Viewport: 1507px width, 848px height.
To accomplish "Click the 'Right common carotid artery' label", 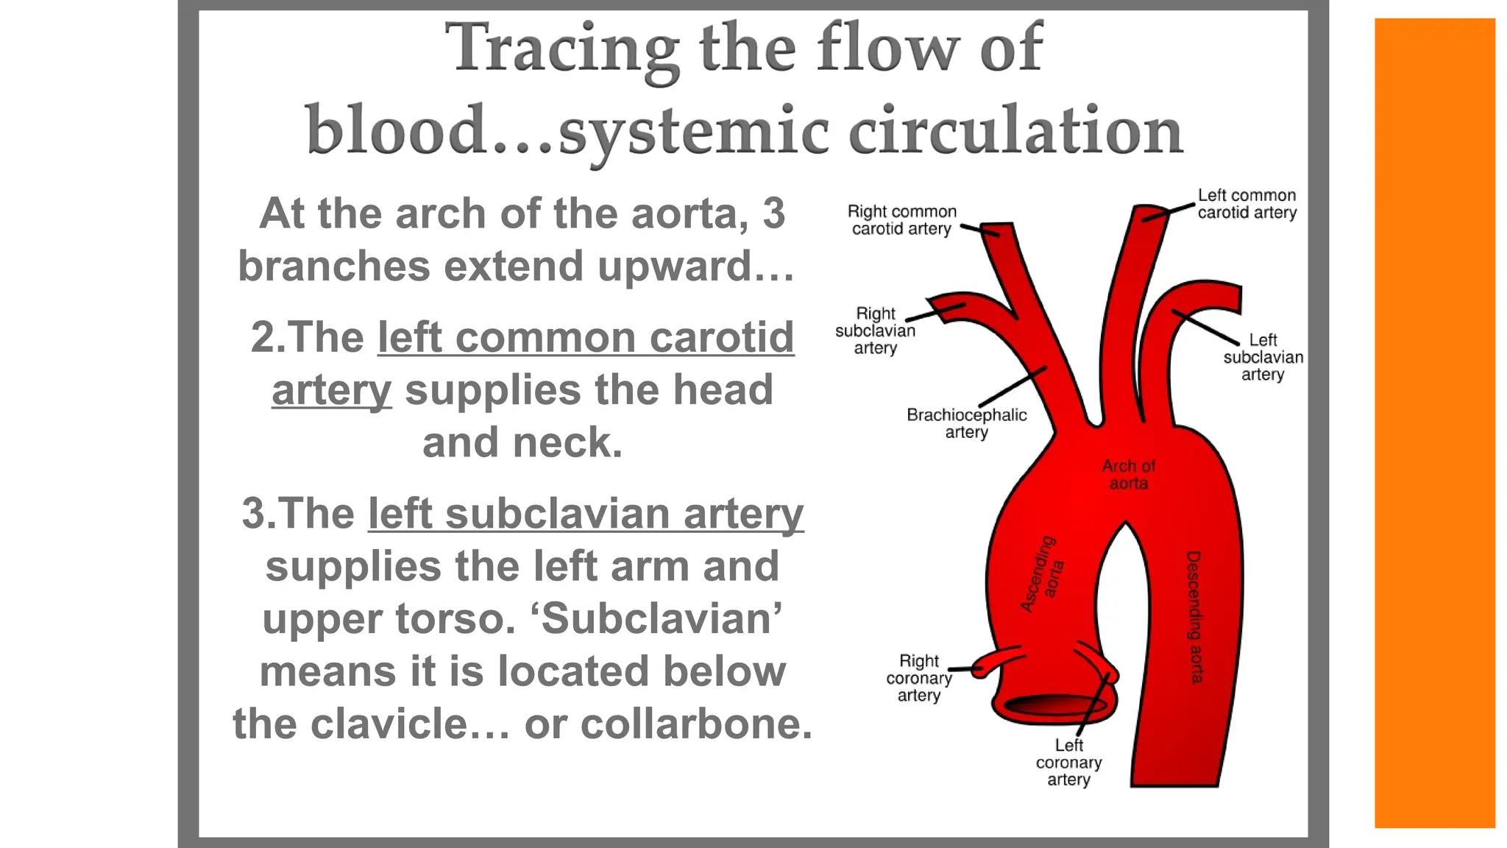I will click(901, 220).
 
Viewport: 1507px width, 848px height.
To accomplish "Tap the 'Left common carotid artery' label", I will click(1247, 204).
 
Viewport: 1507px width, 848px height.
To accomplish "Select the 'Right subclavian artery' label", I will click(875, 331).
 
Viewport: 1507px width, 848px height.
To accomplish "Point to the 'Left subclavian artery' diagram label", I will click(1263, 357).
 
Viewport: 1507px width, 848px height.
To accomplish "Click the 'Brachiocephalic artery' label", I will click(966, 423).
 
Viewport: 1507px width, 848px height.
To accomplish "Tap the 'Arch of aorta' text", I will click(1128, 475).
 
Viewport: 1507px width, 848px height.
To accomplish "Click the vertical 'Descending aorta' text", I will click(1194, 617).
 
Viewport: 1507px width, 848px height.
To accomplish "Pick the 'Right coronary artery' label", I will click(918, 678).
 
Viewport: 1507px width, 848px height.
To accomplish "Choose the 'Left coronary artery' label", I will click(1068, 763).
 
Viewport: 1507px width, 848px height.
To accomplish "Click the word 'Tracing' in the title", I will click(562, 48).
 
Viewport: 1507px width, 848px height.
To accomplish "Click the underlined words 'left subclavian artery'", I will click(586, 514).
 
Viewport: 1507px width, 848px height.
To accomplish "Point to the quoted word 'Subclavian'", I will click(661, 619).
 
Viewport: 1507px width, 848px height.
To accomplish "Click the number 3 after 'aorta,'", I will click(773, 213).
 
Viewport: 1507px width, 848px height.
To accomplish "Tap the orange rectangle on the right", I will click(1434, 423).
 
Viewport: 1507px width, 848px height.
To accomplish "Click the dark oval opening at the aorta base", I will click(1055, 705).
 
